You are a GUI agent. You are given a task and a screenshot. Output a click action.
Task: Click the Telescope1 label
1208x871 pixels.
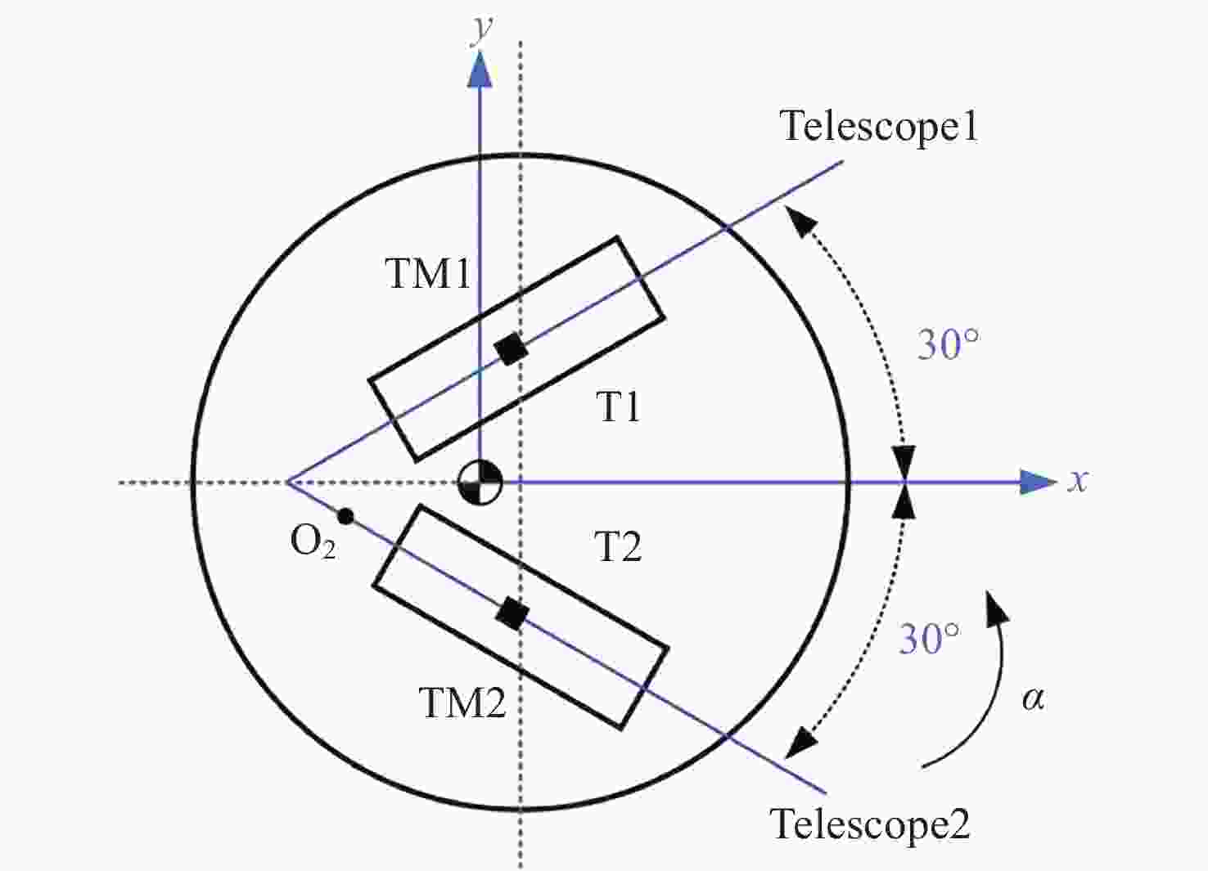pos(880,128)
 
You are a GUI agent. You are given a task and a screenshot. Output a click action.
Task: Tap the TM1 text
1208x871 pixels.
pos(428,273)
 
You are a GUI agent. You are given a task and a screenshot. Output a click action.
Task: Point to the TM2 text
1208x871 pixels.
pos(463,703)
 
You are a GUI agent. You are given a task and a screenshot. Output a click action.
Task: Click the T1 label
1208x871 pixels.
pos(618,407)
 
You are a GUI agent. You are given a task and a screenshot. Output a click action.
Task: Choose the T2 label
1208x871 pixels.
pos(618,546)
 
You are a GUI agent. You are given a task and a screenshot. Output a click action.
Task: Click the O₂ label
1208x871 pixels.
pos(313,542)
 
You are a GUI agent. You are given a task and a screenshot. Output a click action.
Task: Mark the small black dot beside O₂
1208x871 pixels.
pos(345,516)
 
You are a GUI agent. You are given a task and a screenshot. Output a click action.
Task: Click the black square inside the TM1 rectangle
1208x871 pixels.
pos(512,349)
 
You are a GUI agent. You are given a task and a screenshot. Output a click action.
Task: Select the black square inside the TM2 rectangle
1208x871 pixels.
pos(512,613)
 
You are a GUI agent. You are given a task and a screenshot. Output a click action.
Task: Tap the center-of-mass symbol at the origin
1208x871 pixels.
pos(480,483)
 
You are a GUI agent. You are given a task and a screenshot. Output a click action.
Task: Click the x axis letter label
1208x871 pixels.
pos(1078,480)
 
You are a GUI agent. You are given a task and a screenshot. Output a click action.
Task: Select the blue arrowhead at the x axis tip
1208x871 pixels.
pos(1038,482)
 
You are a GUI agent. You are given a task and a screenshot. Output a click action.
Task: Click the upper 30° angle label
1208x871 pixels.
pos(948,343)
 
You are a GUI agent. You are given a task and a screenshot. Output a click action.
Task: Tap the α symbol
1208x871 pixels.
pos(1033,699)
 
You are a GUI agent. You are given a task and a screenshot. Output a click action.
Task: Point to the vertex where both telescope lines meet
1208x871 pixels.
pos(287,483)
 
